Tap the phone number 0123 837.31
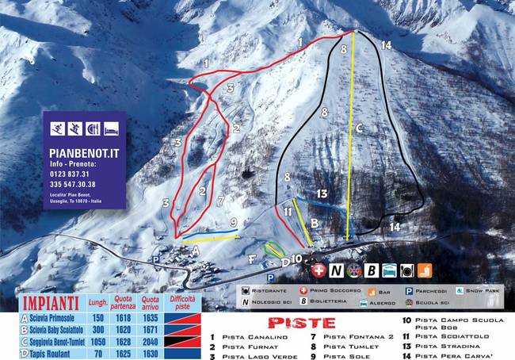pos(71,174)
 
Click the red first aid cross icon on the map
pos(319,271)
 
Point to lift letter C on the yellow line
pos(358,127)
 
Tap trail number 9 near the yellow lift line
pos(234,223)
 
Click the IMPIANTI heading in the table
pos(50,301)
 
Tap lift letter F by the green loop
pos(251,259)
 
